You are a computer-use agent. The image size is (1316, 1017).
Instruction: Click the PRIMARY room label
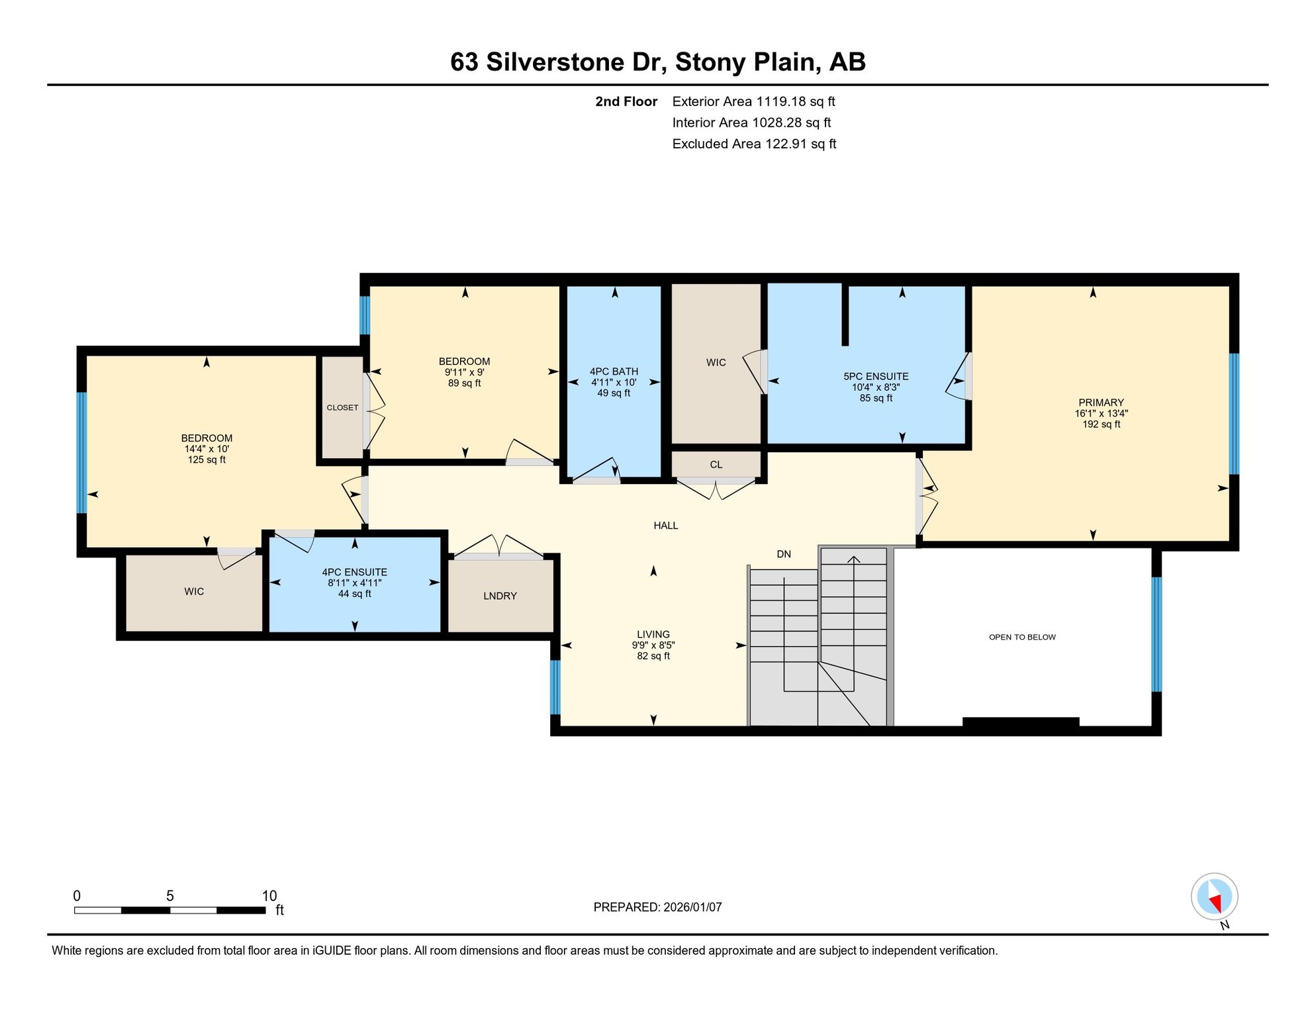1101,403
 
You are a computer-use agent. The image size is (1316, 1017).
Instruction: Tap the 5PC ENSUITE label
876,377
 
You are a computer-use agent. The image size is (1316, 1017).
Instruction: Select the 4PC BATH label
614,372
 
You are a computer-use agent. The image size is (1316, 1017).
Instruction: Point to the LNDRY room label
500,596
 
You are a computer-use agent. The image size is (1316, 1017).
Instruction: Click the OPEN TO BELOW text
1022,637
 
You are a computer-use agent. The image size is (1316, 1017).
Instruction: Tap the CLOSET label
342,408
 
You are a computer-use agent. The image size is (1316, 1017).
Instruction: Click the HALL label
666,526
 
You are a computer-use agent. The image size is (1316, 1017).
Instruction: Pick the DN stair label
784,554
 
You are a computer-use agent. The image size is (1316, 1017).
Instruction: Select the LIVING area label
653,634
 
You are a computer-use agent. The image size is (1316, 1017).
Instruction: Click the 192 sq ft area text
1102,424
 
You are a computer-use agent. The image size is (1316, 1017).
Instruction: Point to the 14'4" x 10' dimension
207,449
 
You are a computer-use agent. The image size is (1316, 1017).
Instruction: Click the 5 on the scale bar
170,896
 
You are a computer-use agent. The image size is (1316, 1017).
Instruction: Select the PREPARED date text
657,907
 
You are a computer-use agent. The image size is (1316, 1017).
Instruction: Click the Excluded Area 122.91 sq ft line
754,144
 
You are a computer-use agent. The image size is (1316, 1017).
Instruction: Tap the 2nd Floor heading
626,101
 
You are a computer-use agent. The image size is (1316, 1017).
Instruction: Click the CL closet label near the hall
716,465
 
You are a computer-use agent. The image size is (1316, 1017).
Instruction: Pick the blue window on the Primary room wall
1234,414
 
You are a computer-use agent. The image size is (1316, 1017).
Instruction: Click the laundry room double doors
498,547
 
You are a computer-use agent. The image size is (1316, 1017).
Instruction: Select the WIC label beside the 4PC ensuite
194,592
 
